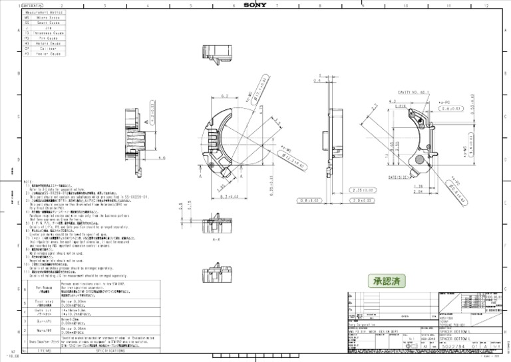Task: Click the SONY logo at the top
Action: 255,4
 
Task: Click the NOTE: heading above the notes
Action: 28,181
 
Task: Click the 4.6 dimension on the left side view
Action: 162,159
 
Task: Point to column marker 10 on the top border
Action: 405,5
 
